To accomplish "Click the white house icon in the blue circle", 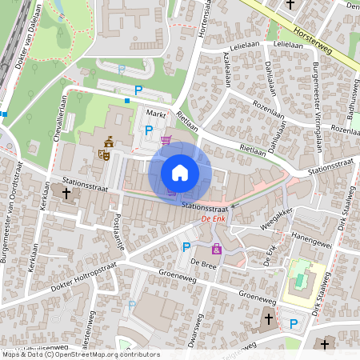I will (180, 172).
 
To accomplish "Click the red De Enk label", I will (214, 218).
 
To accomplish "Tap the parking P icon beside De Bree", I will (186, 247).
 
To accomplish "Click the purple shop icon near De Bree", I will (216, 249).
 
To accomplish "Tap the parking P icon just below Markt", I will (148, 130).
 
